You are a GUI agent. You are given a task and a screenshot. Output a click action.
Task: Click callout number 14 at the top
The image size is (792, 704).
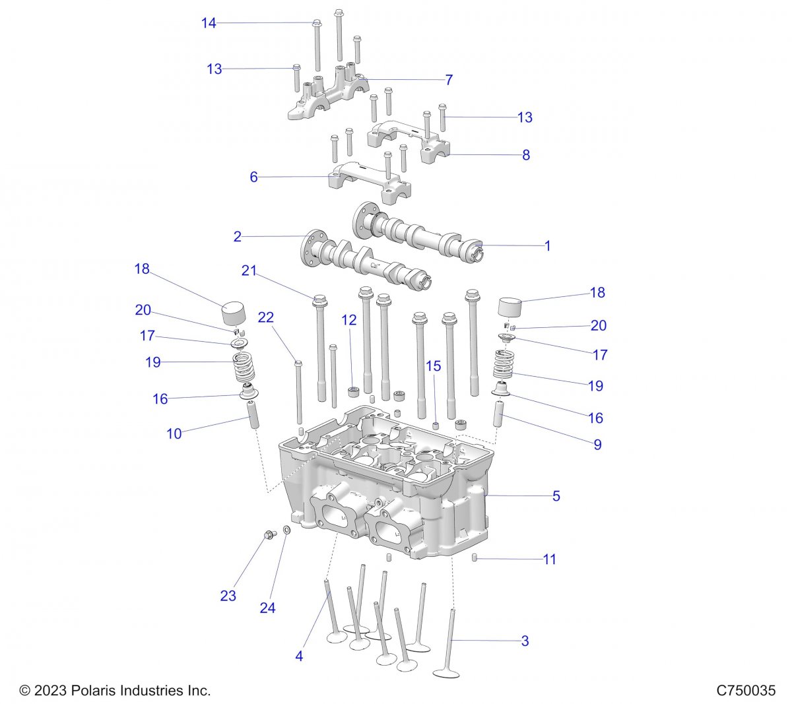[209, 24]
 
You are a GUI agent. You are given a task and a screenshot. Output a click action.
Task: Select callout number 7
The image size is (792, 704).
[449, 80]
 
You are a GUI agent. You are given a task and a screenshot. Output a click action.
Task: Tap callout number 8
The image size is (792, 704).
[526, 155]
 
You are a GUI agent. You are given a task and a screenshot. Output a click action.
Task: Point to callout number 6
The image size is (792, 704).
[253, 177]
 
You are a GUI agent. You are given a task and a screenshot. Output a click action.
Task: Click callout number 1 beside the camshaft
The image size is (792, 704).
[547, 245]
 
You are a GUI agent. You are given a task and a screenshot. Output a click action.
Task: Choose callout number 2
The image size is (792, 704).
[238, 237]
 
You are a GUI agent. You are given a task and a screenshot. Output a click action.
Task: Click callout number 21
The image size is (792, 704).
[248, 271]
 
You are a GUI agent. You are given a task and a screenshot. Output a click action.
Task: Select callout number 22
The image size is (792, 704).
[265, 317]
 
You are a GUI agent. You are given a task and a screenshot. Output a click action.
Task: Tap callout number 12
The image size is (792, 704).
[348, 321]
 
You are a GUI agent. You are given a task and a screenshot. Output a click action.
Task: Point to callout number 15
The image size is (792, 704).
[433, 366]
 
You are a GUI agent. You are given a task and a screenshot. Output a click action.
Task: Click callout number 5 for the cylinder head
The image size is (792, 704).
[556, 496]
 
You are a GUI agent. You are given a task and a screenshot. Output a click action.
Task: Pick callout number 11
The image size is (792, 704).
[549, 560]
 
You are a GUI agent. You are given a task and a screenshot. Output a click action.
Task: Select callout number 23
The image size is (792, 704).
[228, 596]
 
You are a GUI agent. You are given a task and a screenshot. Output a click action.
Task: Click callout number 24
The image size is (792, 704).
[267, 608]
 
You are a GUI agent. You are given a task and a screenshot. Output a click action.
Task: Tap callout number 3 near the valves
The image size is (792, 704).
[525, 641]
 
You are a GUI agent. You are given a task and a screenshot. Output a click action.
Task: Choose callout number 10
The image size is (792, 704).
[174, 433]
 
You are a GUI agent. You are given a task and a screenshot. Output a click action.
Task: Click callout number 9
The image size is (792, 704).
[597, 445]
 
